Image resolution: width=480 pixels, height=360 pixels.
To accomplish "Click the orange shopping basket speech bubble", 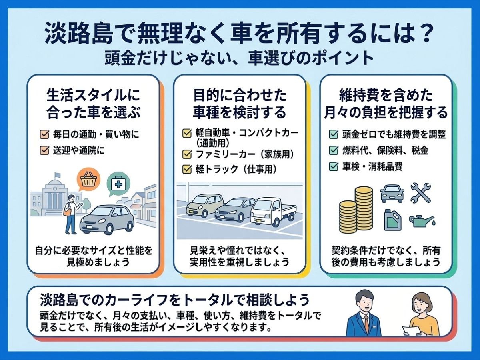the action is click(88, 181).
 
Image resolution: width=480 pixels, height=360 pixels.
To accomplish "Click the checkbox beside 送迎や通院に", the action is click(44, 150).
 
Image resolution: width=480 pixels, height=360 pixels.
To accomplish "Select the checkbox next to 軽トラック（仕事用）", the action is click(187, 169).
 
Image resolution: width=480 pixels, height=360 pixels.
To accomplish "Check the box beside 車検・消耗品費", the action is click(334, 166).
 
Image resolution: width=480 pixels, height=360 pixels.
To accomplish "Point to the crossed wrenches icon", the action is click(420, 192).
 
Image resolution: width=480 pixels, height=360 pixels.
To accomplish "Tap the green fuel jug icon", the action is click(393, 220).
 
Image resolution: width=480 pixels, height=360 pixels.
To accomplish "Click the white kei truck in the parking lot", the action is click(273, 211).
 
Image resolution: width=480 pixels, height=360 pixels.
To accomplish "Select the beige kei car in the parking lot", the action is click(204, 205).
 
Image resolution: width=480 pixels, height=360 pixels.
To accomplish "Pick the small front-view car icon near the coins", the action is click(392, 194).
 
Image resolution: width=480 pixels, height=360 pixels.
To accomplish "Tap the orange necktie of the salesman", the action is click(366, 325).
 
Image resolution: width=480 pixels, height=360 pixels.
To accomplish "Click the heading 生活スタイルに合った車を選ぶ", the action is click(93, 104).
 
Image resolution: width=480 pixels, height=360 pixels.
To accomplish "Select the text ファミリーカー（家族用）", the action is click(245, 154).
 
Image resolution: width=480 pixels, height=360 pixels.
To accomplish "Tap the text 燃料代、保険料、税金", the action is click(385, 150).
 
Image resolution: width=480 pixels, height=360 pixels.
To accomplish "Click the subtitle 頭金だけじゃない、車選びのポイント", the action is click(239, 58).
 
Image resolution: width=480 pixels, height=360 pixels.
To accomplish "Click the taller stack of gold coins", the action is click(364, 208).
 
